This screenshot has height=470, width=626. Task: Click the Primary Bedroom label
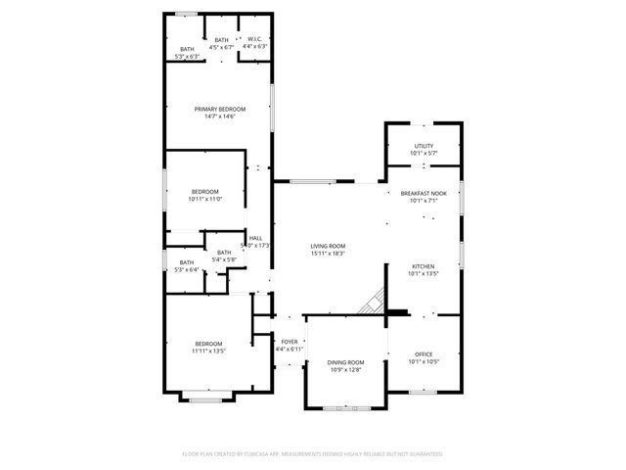pos(219,109)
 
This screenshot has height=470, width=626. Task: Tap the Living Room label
pos(328,246)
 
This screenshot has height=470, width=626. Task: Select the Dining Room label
pos(344,362)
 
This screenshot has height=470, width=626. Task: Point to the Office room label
pos(424,353)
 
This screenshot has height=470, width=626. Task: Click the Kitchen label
pos(424,266)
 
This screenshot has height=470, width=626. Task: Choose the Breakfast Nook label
pos(424,194)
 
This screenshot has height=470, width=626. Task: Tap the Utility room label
pos(424,146)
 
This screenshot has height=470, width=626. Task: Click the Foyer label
pos(291,342)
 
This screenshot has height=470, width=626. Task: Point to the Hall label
pos(255,238)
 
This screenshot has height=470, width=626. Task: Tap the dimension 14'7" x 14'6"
pos(219,117)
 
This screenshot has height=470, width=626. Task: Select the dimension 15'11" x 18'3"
pos(328,254)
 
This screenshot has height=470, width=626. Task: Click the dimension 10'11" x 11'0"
pos(205,199)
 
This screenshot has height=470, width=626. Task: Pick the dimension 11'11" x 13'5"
pos(209,351)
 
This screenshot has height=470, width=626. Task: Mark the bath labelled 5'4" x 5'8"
pos(224,256)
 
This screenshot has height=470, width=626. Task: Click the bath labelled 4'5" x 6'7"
pos(222,43)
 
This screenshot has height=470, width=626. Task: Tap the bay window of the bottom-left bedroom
pos(206,399)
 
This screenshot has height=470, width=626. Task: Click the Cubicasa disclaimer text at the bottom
pos(313,454)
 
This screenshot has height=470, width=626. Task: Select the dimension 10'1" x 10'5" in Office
pos(424,361)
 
